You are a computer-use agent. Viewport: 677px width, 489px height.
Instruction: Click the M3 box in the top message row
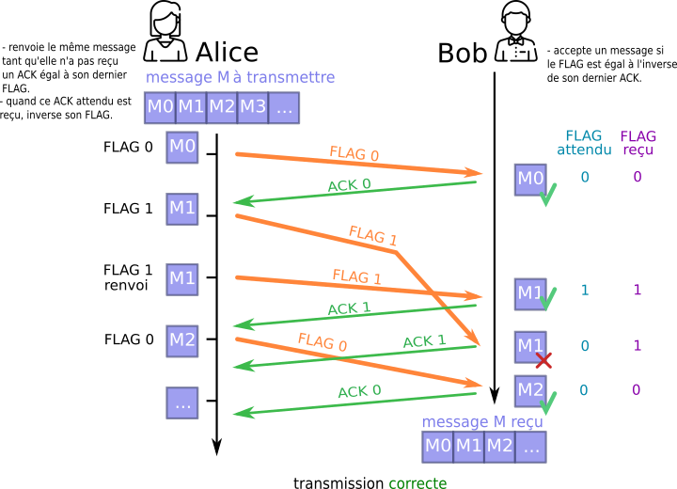[x=253, y=107]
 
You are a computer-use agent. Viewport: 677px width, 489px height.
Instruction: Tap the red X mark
[x=543, y=360]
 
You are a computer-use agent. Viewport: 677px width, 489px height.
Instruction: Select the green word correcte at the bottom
[x=417, y=482]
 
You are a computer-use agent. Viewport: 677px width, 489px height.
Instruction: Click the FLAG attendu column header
[x=584, y=143]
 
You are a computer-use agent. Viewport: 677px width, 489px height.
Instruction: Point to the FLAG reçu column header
[x=638, y=143]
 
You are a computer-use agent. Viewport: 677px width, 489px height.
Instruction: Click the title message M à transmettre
[x=240, y=77]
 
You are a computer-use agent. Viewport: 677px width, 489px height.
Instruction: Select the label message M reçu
[x=482, y=422]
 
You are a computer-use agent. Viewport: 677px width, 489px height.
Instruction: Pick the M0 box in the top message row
[x=160, y=107]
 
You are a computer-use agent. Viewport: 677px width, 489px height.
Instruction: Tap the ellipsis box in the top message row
[x=284, y=107]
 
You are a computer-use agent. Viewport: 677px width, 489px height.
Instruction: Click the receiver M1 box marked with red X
[x=530, y=346]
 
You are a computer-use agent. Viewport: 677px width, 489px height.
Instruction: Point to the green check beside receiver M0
[x=548, y=195]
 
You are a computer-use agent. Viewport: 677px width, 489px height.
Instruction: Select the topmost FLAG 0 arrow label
[x=354, y=154]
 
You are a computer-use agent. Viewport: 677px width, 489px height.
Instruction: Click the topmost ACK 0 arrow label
[x=349, y=185]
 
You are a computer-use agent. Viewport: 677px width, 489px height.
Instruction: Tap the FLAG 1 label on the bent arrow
[x=372, y=235]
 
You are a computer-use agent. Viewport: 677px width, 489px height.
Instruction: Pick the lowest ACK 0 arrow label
[x=359, y=391]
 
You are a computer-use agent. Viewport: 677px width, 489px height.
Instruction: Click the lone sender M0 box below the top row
[x=182, y=148]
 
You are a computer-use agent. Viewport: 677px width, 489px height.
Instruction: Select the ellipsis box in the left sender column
[x=182, y=403]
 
